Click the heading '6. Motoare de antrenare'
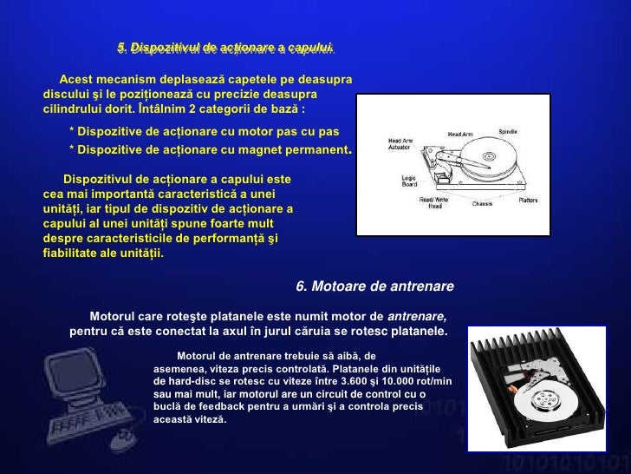pyautogui.click(x=374, y=286)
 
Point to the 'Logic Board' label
pyautogui.click(x=410, y=181)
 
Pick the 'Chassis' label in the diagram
pyautogui.click(x=482, y=204)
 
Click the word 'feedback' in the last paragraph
pyautogui.click(x=226, y=405)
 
